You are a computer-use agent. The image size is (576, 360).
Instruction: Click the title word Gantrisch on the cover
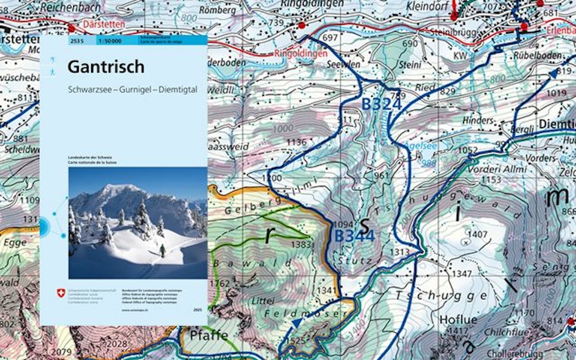click(x=106, y=67)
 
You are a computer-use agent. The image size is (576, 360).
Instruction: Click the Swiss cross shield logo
click(x=61, y=293)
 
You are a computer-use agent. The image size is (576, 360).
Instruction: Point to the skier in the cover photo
click(x=163, y=251)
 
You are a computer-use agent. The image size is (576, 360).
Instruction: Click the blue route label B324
click(x=381, y=105)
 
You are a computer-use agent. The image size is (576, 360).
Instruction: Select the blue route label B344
click(x=354, y=236)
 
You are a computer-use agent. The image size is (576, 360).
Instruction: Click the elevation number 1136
click(x=296, y=142)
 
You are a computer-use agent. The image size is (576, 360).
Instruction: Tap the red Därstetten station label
click(x=100, y=25)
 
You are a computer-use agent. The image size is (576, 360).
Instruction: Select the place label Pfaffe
click(x=209, y=336)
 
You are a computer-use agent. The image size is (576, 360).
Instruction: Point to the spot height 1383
click(x=302, y=245)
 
